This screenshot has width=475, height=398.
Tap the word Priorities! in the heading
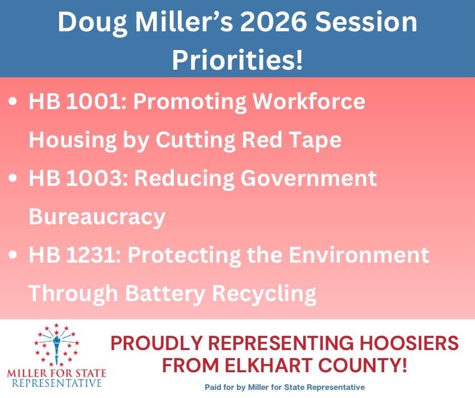click(238, 60)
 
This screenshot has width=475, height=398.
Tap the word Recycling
click(265, 293)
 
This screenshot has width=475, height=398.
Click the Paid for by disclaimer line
click(284, 387)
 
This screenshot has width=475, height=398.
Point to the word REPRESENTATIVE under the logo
click(56, 383)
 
